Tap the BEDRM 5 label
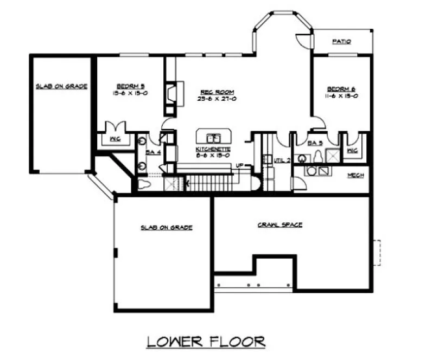pyautogui.click(x=130, y=86)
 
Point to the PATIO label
pyautogui.click(x=342, y=41)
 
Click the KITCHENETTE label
pyautogui.click(x=213, y=149)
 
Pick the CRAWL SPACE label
pyautogui.click(x=279, y=224)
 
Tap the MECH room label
pyautogui.click(x=355, y=175)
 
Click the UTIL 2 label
pyautogui.click(x=282, y=159)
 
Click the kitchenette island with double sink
pyautogui.click(x=213, y=136)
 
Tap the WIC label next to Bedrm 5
pyautogui.click(x=115, y=139)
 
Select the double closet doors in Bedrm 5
pyautogui.click(x=116, y=126)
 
